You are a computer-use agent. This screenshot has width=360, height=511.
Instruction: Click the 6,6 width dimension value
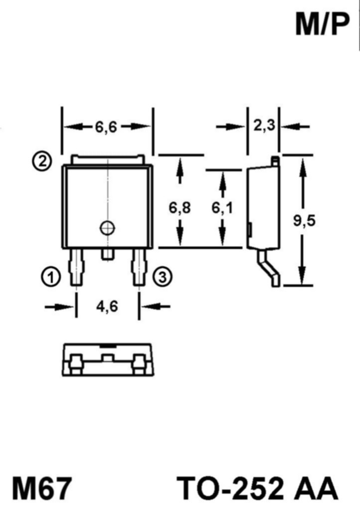click(x=106, y=127)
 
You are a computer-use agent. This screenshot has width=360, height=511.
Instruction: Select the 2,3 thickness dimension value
click(x=264, y=126)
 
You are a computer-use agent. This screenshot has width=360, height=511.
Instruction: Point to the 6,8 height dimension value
click(x=180, y=208)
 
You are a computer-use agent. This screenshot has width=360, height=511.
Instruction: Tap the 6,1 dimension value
click(x=222, y=208)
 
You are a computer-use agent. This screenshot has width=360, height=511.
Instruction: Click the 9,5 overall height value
click(x=304, y=221)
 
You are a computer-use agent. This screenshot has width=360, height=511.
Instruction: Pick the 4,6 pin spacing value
click(x=107, y=306)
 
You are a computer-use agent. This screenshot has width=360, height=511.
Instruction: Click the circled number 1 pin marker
click(x=51, y=277)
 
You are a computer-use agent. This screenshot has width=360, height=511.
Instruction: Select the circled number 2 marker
click(x=42, y=161)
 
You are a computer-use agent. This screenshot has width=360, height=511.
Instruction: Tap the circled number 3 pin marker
click(x=163, y=277)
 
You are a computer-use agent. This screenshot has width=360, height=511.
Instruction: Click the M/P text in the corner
click(x=322, y=25)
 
